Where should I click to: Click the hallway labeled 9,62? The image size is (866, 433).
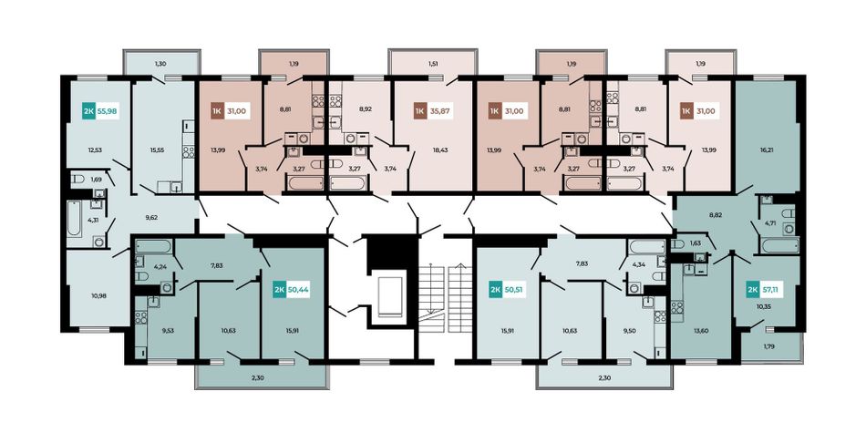tap(151, 218)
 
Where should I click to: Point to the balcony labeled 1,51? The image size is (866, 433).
tap(433, 64)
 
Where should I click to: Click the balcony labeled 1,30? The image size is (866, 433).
tap(160, 64)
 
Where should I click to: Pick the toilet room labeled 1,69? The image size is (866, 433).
tap(96, 180)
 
